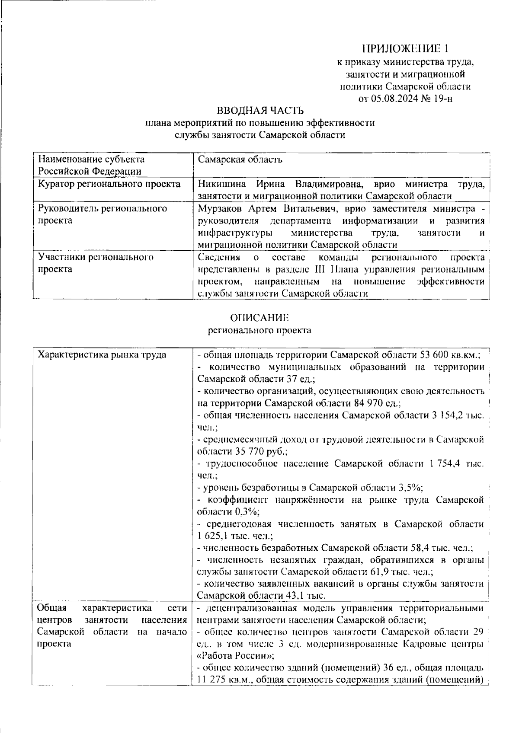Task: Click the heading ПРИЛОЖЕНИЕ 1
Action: [x=408, y=48]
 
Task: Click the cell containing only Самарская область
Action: [x=240, y=160]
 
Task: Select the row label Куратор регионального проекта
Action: [x=109, y=185]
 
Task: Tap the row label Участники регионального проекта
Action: [x=96, y=263]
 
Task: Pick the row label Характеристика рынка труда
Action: [x=103, y=355]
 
